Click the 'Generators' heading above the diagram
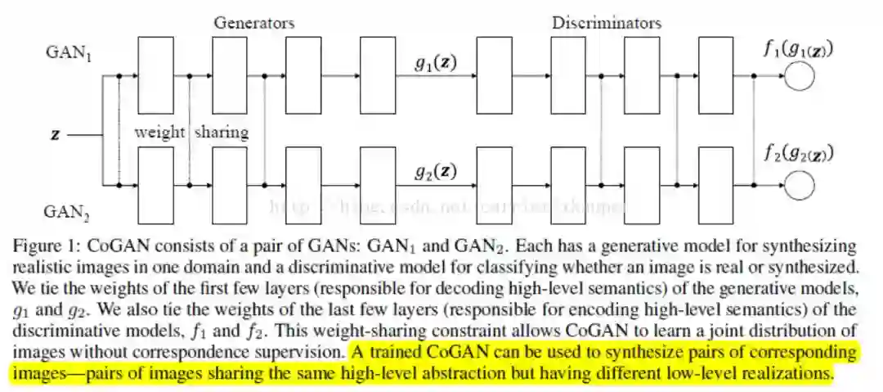(254, 22)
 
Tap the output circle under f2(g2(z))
(799, 187)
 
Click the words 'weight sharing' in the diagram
(192, 132)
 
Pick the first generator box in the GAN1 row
(155, 76)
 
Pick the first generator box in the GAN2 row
(155, 186)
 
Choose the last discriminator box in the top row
(715, 76)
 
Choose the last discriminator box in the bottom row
(715, 186)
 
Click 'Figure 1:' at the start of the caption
(43, 246)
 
